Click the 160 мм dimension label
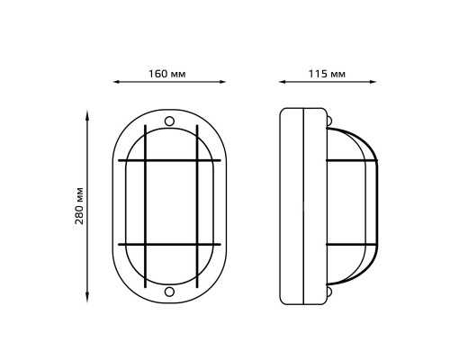coord(167,74)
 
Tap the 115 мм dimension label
coord(327,74)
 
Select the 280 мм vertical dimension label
coord(79,206)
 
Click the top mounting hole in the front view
coord(169,121)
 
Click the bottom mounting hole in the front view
coord(169,292)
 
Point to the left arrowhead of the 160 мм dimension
coord(117,82)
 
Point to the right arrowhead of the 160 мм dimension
coord(222,82)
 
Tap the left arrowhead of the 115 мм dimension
coord(283,82)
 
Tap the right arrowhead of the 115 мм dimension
coord(373,82)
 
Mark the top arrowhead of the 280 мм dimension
coord(87,114)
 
